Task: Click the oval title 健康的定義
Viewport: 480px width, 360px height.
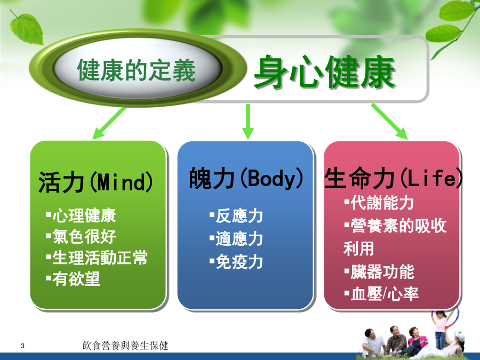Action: click(136, 70)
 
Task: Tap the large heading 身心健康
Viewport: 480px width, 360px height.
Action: click(324, 72)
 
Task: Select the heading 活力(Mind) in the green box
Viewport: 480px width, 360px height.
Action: click(95, 182)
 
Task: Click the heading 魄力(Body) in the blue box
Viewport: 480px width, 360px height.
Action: click(246, 178)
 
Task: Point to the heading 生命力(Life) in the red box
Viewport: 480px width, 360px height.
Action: click(394, 178)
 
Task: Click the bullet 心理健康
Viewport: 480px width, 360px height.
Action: click(81, 215)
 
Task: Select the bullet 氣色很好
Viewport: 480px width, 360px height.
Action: click(81, 236)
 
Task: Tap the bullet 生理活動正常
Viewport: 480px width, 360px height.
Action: click(97, 258)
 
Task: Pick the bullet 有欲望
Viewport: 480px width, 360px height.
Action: click(73, 278)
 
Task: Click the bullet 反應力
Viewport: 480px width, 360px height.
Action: click(236, 216)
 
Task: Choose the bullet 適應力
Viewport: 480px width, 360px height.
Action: click(236, 239)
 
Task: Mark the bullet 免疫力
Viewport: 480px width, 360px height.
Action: click(236, 262)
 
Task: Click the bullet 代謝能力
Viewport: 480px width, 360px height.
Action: click(379, 203)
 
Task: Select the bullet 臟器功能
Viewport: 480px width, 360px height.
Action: click(379, 271)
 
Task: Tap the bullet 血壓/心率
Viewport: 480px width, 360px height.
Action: click(381, 294)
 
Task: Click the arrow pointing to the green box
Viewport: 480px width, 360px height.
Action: click(109, 123)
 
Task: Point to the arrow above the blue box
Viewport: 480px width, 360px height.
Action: click(248, 122)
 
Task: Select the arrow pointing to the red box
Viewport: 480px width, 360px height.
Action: click(389, 122)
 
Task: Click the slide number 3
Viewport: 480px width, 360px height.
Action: click(22, 346)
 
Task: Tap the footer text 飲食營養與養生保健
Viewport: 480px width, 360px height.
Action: click(125, 346)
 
